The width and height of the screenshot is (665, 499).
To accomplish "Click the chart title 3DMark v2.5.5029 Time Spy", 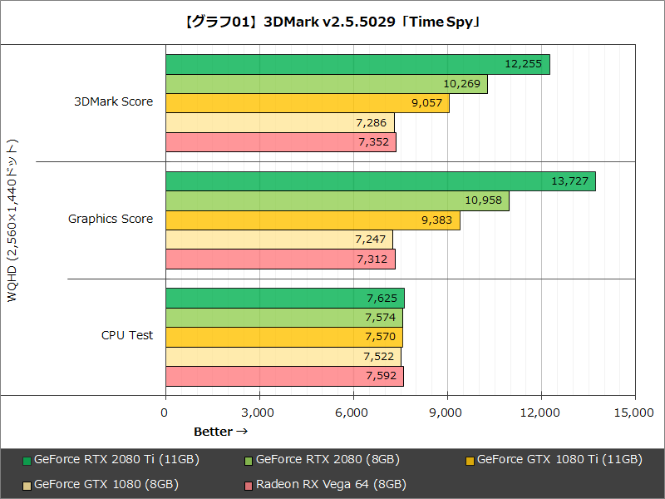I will (x=332, y=22).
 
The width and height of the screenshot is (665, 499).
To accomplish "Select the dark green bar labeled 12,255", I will (x=357, y=65).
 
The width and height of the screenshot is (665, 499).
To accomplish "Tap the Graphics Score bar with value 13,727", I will (x=380, y=181).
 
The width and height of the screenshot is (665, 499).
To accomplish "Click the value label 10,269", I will (x=461, y=84).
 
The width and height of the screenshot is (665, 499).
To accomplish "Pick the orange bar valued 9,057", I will (x=308, y=103).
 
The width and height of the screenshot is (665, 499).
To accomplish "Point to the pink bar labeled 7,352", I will (x=280, y=142).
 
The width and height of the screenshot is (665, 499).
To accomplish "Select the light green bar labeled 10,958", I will (x=337, y=201).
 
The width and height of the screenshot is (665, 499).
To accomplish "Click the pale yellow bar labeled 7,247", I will (x=278, y=240).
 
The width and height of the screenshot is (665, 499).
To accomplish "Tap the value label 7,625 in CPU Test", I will (x=381, y=298).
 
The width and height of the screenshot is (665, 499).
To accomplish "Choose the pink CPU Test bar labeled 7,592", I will (x=284, y=376).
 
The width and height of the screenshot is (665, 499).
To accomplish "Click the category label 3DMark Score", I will (x=114, y=102).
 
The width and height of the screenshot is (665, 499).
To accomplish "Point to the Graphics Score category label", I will (x=111, y=219).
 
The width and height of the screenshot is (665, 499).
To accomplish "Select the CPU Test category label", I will (x=127, y=335).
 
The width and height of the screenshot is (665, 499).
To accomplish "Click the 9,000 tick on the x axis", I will (x=447, y=413).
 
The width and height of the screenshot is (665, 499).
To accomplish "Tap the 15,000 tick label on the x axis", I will (x=635, y=413).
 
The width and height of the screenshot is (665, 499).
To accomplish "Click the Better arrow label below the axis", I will (x=220, y=432).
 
